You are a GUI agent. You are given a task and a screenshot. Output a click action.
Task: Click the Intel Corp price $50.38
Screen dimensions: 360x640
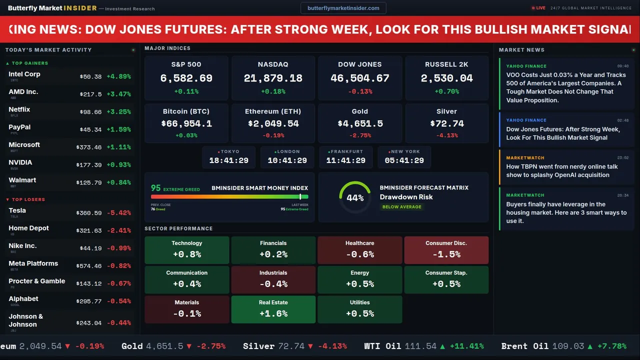[x=90, y=76]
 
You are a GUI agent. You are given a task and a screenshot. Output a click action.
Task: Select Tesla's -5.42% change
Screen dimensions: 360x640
[x=119, y=213]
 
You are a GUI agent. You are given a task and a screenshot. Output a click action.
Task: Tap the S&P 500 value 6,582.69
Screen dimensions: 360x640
[x=186, y=78]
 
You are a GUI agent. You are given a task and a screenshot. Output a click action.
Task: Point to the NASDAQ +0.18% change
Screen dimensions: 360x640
[x=273, y=91]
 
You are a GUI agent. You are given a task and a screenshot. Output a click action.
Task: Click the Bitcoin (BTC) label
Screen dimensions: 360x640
[x=186, y=111]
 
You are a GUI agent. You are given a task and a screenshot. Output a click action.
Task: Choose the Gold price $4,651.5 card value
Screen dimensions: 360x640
[x=360, y=123]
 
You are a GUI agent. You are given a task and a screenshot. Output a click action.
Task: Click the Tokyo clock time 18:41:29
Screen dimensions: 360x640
[x=228, y=160]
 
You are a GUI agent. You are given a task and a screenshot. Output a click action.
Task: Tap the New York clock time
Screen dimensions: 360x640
[x=404, y=160]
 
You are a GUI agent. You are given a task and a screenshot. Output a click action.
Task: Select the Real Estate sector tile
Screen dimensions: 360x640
[x=273, y=309]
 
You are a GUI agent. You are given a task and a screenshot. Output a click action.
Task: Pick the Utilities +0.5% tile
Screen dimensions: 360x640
[x=359, y=309]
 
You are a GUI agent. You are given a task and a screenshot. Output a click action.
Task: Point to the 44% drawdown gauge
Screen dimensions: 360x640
[x=355, y=197]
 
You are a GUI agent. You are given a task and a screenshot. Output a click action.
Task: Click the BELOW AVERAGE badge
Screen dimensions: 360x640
[x=401, y=207]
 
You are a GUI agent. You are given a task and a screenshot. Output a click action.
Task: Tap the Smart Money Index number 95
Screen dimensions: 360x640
[x=156, y=188]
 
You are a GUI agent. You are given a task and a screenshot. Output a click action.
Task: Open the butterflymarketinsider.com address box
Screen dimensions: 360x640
[x=343, y=8]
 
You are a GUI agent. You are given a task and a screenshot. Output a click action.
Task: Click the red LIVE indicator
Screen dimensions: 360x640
[x=539, y=8]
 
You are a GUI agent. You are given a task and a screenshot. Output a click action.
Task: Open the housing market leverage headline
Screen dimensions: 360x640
[x=566, y=212]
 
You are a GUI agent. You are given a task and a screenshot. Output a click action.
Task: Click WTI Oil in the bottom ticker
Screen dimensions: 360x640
[x=382, y=346]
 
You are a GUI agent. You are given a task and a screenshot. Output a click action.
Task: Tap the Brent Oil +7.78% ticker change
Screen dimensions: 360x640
[x=611, y=346]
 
